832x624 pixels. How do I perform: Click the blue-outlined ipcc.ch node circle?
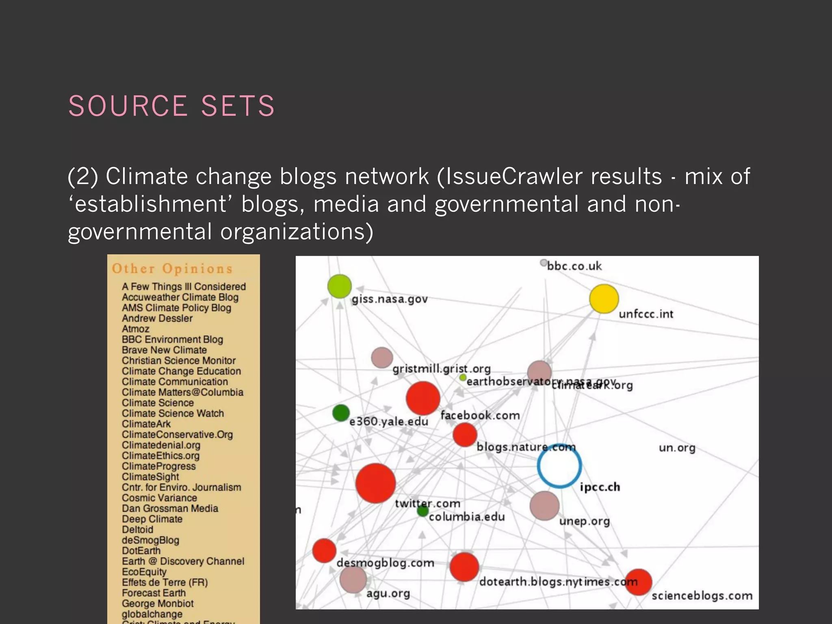pyautogui.click(x=559, y=466)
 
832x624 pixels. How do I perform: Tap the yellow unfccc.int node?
pyautogui.click(x=604, y=299)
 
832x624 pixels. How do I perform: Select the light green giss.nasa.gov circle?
pyautogui.click(x=339, y=286)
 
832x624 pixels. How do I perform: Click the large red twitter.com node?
pyautogui.click(x=375, y=483)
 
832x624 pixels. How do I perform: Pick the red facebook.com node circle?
pyautogui.click(x=423, y=398)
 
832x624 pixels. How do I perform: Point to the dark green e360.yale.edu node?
pyautogui.click(x=341, y=413)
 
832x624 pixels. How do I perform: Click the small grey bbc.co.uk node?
pyautogui.click(x=543, y=263)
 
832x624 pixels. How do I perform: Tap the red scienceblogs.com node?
pyautogui.click(x=638, y=582)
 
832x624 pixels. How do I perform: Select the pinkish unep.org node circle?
pyautogui.click(x=544, y=505)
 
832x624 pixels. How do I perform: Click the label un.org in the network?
pyautogui.click(x=677, y=448)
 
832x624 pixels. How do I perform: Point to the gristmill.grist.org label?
pyautogui.click(x=441, y=369)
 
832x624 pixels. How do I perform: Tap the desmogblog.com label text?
pyautogui.click(x=385, y=563)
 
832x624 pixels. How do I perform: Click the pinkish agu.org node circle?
pyautogui.click(x=353, y=579)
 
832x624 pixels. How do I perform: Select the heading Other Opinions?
pyautogui.click(x=172, y=269)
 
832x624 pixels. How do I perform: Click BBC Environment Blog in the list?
pyautogui.click(x=172, y=339)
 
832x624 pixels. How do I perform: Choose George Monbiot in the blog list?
pyautogui.click(x=158, y=603)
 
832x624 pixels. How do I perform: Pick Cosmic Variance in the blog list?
pyautogui.click(x=159, y=498)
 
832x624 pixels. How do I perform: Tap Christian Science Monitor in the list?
pyautogui.click(x=179, y=360)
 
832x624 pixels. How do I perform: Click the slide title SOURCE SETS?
pyautogui.click(x=171, y=106)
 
